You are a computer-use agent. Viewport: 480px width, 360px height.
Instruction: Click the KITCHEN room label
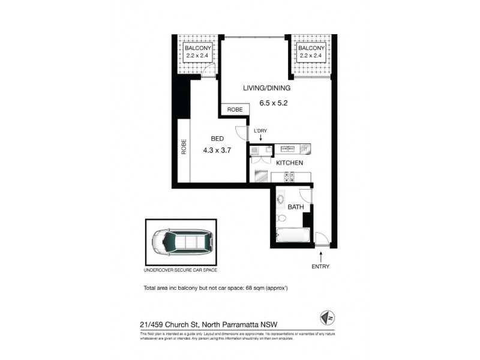point(289,163)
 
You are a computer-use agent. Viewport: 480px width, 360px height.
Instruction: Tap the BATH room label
point(295,207)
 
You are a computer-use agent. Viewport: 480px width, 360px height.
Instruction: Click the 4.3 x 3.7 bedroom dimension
point(217,151)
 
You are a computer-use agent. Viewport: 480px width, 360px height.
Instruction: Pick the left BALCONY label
point(197,48)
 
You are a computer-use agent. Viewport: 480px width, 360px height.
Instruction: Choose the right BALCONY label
point(311,48)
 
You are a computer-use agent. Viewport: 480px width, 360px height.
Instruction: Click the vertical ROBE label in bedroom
point(184,148)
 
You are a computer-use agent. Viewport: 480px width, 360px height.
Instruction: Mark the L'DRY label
point(260,131)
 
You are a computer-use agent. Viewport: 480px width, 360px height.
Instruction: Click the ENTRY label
point(320,266)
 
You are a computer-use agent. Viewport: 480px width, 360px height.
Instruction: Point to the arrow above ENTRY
point(320,256)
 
